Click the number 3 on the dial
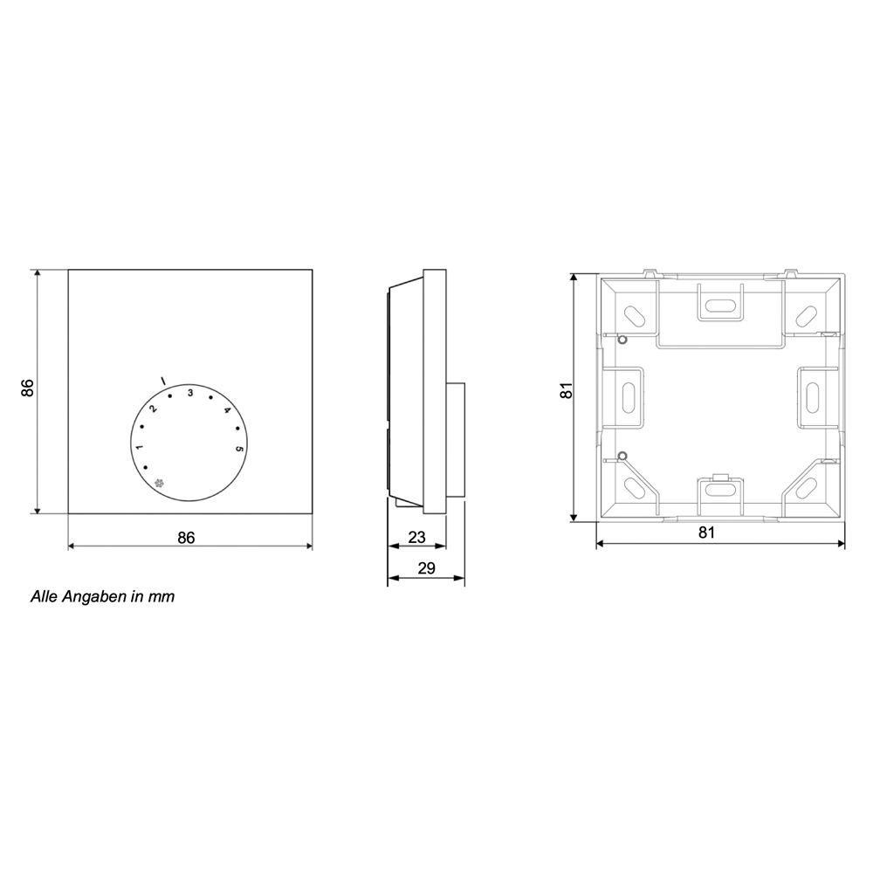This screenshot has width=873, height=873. point(189,390)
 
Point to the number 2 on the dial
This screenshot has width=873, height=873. point(152,409)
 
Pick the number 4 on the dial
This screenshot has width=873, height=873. point(227,410)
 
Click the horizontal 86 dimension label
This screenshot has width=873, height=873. point(186,538)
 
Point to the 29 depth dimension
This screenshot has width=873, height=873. point(426,568)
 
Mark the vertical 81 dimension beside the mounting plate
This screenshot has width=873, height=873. point(565,393)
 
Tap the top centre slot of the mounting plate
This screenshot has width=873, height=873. point(719,306)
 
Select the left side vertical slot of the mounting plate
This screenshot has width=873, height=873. point(626,398)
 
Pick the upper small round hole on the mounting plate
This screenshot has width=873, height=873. point(621,340)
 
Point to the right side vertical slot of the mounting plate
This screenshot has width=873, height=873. point(813,398)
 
